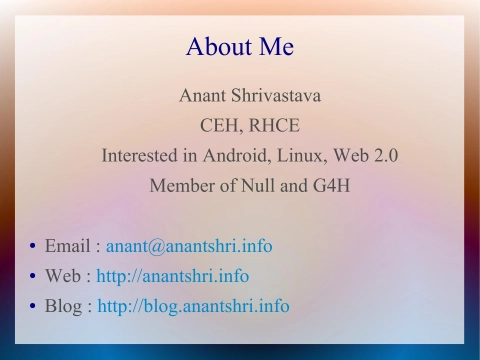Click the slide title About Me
240,46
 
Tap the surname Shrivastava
265,96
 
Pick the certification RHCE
272,126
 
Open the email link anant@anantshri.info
189,246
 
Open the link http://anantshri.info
173,276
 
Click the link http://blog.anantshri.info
193,306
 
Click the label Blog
64,306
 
